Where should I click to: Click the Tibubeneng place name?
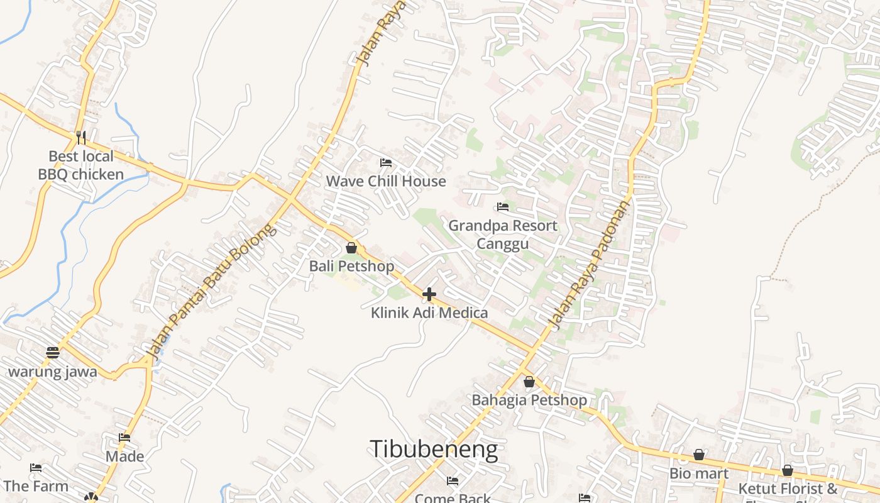(x=434, y=450)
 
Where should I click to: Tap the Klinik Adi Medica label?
(x=429, y=312)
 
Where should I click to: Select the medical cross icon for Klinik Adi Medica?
(x=429, y=294)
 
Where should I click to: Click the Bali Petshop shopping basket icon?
(x=351, y=248)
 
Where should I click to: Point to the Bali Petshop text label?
(x=351, y=266)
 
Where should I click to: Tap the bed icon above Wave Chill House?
(x=386, y=163)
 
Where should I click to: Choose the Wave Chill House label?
(x=386, y=181)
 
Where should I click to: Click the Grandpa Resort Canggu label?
(x=502, y=234)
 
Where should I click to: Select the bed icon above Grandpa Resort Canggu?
(x=502, y=207)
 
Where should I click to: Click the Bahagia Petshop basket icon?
(x=529, y=382)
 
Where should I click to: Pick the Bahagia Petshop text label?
(x=529, y=400)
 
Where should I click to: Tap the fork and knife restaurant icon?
(x=80, y=137)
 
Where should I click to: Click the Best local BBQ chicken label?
(x=81, y=165)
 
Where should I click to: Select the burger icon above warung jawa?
(x=52, y=353)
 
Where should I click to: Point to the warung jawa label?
(x=52, y=372)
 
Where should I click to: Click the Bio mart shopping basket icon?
(x=698, y=455)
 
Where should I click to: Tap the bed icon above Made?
(x=124, y=438)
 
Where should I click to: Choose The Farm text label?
(x=36, y=486)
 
